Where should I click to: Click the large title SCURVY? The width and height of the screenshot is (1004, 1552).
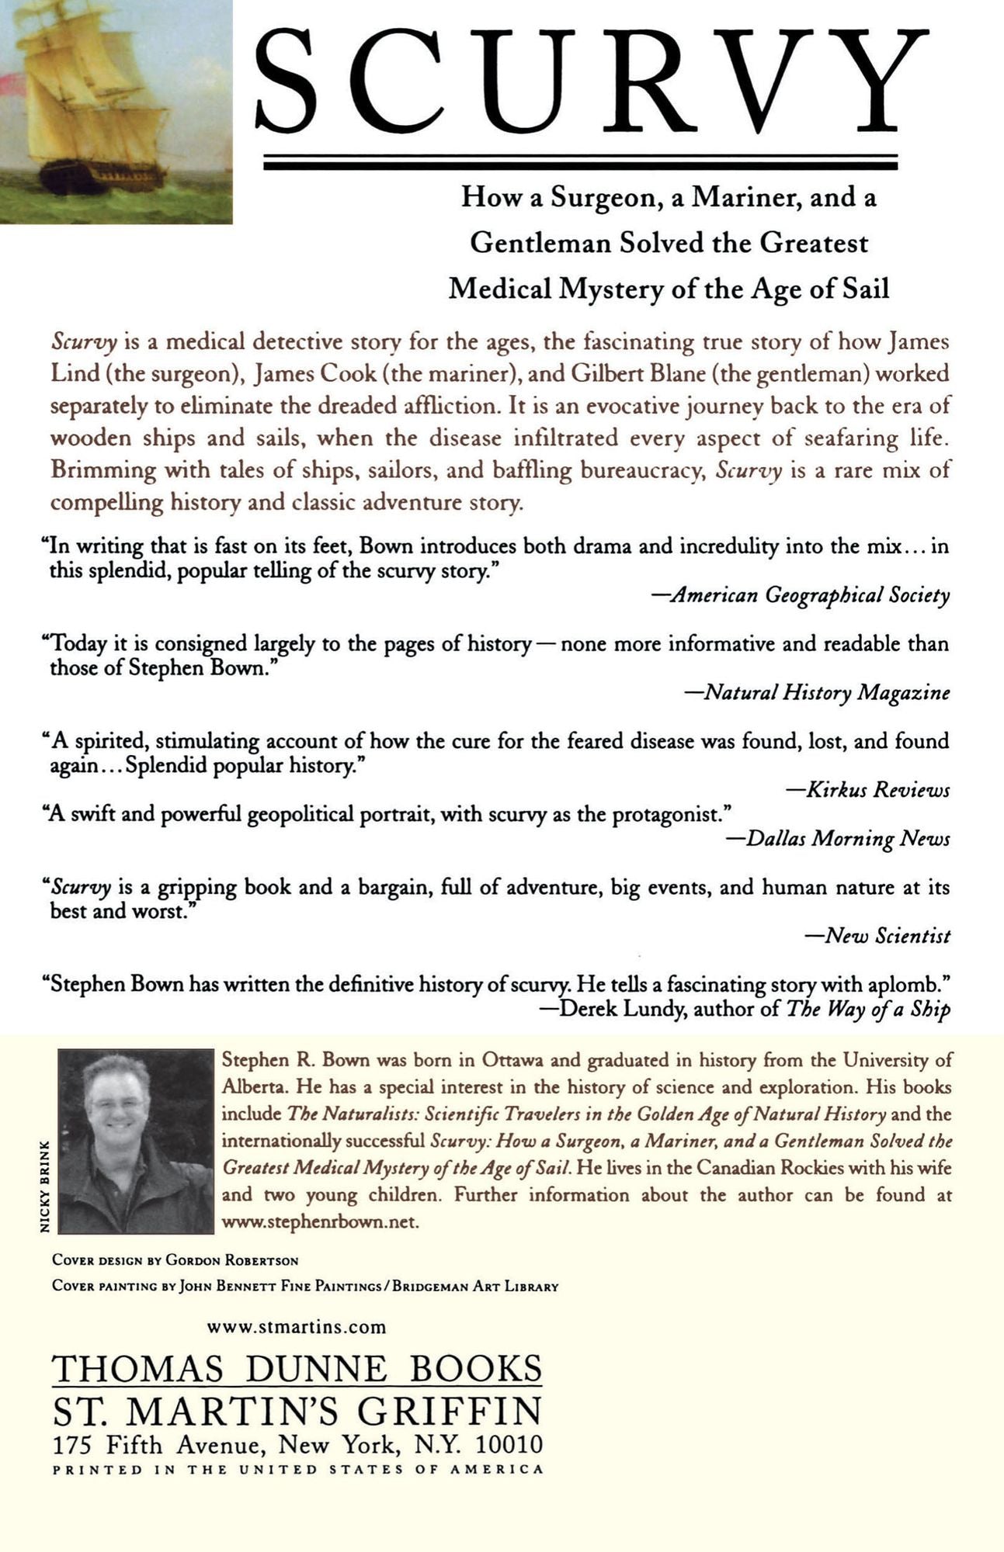[592, 81]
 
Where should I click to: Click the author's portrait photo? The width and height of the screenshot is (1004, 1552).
[136, 1141]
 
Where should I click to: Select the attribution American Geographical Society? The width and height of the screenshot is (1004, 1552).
[810, 595]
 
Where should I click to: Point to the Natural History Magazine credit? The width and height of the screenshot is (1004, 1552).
[826, 692]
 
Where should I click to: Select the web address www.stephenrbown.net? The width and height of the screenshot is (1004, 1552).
[321, 1221]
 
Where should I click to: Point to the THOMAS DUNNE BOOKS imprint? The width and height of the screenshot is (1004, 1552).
[297, 1368]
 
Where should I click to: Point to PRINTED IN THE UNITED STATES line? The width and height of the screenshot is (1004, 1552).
[297, 1469]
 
